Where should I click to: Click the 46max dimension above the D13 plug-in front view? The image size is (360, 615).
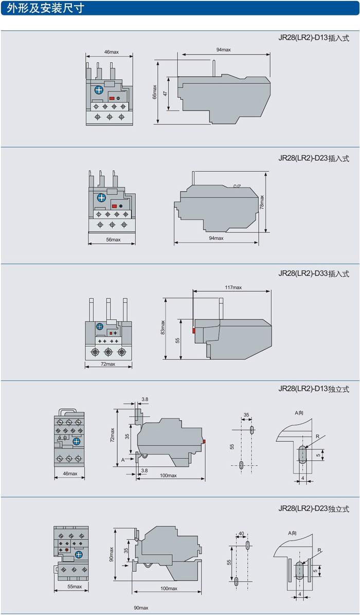click(111, 52)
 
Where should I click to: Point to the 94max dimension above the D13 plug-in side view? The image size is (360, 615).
click(223, 49)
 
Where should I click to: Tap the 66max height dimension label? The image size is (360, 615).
click(154, 93)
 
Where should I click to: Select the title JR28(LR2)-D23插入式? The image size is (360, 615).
click(314, 158)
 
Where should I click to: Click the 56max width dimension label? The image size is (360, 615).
click(113, 240)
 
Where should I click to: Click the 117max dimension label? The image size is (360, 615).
click(233, 287)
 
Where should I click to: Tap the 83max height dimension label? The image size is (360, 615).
click(163, 328)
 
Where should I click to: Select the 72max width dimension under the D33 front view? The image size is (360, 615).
click(108, 364)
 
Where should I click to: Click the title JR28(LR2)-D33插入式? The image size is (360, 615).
click(314, 274)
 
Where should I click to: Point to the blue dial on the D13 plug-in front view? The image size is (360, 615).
click(98, 90)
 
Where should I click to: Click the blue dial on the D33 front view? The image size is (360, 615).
click(100, 327)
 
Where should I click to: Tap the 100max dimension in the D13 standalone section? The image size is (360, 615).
click(168, 475)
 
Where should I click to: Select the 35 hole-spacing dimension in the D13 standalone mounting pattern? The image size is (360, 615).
click(246, 414)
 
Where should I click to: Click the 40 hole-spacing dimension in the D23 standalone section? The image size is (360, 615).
click(242, 533)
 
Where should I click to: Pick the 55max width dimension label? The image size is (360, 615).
click(74, 587)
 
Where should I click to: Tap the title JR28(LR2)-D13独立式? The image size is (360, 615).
click(314, 389)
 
